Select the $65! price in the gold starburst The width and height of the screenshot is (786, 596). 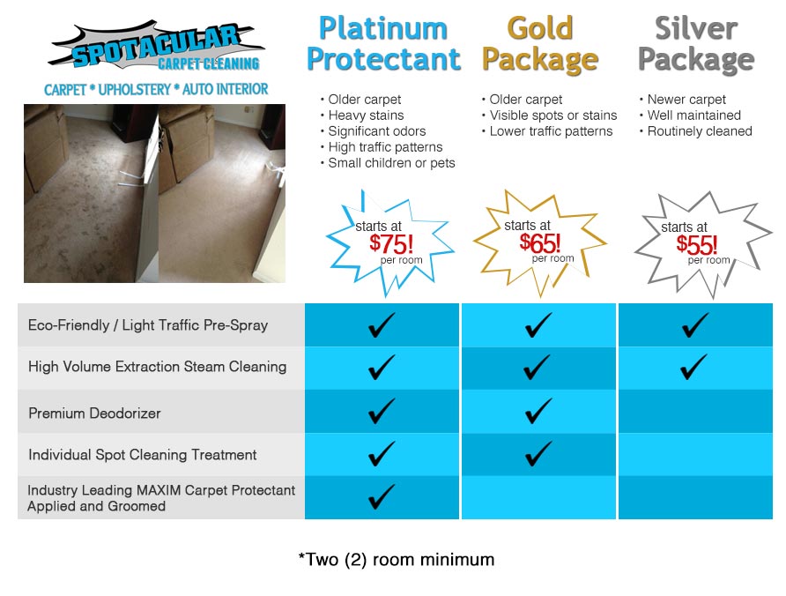click(538, 242)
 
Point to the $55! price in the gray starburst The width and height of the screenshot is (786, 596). click(696, 244)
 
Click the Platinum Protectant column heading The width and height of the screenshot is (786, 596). click(383, 44)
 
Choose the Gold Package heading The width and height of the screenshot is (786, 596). click(540, 44)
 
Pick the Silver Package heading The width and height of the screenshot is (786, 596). click(696, 44)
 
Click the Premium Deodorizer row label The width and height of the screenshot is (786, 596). click(94, 413)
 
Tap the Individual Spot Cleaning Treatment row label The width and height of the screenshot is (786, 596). click(143, 455)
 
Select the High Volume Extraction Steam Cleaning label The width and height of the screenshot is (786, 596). click(157, 367)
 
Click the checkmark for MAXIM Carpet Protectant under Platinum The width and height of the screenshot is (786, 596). click(381, 497)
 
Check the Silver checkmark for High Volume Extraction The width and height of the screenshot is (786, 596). click(694, 367)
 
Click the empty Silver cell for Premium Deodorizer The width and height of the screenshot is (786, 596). click(695, 412)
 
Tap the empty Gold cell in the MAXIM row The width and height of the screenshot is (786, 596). click(538, 498)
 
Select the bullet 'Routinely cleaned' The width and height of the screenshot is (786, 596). click(699, 131)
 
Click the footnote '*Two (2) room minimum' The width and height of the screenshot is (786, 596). click(396, 560)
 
